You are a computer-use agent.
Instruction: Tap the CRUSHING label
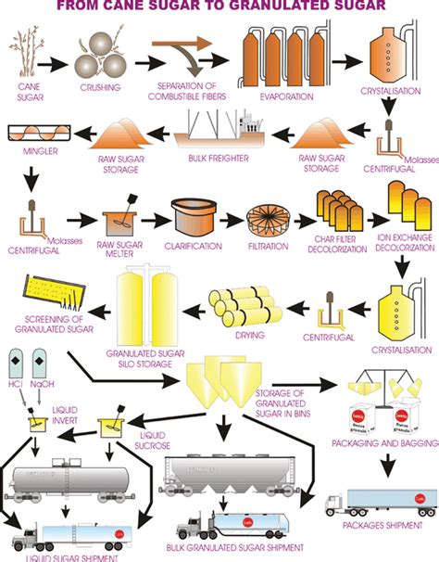click(x=98, y=87)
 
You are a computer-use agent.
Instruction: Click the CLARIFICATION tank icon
click(x=191, y=217)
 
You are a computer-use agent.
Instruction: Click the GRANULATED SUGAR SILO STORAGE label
click(x=139, y=360)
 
